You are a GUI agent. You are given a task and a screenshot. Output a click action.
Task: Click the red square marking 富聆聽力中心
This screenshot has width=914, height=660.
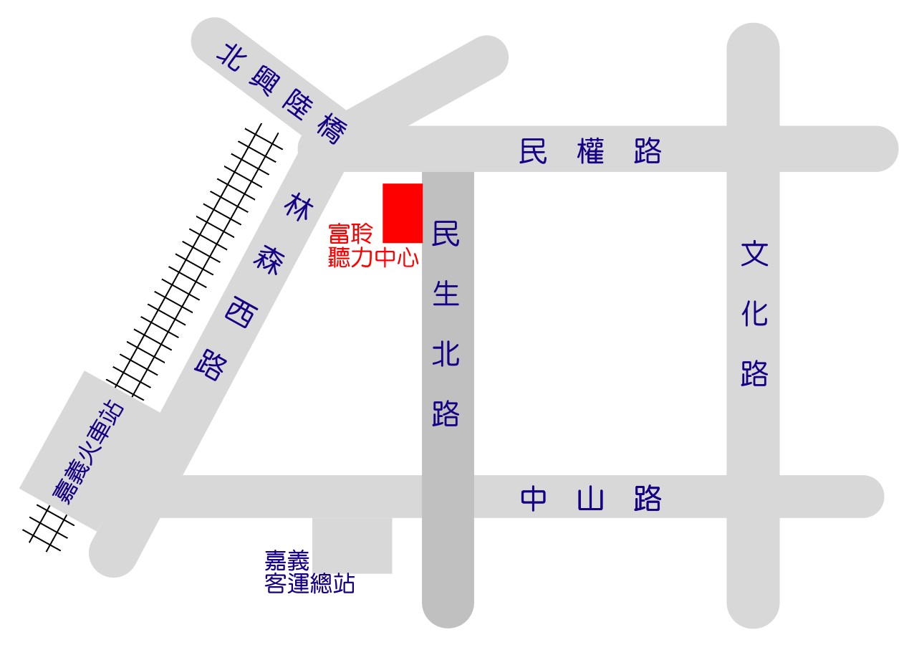tap(403, 213)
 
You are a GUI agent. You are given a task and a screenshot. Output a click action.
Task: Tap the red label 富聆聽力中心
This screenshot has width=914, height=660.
tap(372, 246)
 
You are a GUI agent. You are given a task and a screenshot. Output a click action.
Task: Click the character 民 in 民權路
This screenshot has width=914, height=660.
tap(533, 151)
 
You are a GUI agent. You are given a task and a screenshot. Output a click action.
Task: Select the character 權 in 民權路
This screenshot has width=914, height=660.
tap(590, 151)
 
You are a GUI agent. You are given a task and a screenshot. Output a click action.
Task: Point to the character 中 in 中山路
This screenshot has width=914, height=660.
tap(534, 499)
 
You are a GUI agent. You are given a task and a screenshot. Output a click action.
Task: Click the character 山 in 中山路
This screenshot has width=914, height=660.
tap(590, 499)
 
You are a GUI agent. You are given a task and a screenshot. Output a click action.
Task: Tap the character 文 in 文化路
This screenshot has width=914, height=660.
tap(754, 254)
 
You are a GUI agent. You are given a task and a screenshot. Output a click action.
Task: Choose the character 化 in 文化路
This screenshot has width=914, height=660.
tap(754, 313)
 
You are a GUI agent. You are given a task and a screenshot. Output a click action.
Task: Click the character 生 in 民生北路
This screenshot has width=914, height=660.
tap(446, 293)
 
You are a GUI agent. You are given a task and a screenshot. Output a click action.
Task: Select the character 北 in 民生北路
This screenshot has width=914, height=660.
tap(446, 353)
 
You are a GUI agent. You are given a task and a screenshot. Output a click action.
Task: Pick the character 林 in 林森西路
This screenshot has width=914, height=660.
tap(299, 208)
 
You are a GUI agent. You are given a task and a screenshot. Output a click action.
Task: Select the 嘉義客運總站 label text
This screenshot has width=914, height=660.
tap(309, 572)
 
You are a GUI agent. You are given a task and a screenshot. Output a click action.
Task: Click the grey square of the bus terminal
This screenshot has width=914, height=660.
tap(352, 545)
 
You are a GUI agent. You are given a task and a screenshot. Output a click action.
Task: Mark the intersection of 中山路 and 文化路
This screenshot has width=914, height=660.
tap(753, 497)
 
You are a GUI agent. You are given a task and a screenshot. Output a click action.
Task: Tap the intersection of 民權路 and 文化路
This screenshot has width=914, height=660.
tap(753, 149)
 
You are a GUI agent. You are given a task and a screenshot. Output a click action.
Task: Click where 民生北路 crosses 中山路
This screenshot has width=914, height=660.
tap(448, 497)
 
